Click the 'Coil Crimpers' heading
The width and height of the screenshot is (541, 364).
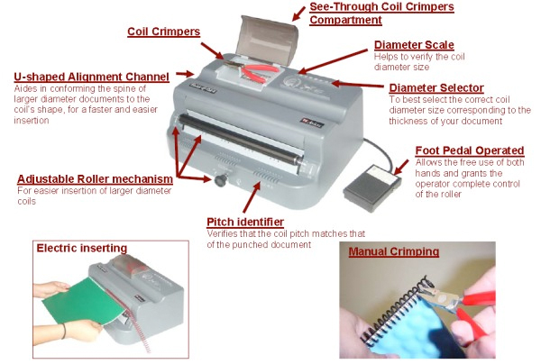(163, 32)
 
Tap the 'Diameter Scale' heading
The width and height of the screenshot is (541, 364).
(414, 45)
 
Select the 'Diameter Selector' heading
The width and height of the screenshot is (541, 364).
(436, 88)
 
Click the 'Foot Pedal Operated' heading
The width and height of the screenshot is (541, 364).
(470, 150)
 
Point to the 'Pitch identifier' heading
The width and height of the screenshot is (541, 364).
(245, 222)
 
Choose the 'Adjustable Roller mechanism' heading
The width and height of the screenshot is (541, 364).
(95, 179)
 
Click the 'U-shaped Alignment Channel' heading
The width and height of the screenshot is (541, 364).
(91, 77)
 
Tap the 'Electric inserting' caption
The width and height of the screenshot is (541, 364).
(82, 248)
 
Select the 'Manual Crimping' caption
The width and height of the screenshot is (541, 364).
(394, 251)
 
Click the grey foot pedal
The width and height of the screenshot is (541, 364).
(371, 187)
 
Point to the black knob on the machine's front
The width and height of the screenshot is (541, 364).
(221, 180)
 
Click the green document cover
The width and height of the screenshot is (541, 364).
(84, 302)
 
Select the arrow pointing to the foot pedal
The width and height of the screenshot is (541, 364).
(401, 168)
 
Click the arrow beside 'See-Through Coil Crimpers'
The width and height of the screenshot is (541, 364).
(298, 14)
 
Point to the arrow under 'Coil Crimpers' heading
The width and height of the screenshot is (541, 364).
(213, 51)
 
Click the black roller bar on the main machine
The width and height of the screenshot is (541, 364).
(241, 140)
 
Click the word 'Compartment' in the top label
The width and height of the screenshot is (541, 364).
(345, 20)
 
